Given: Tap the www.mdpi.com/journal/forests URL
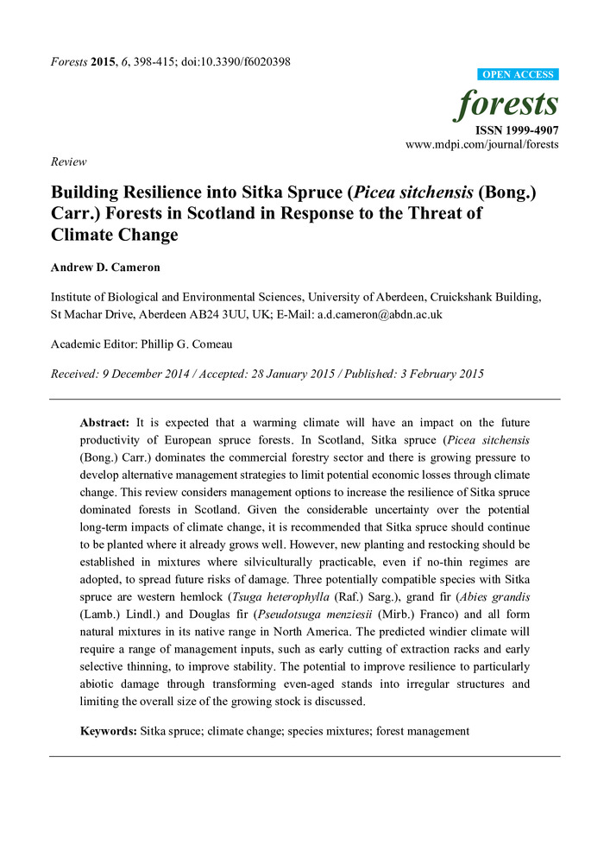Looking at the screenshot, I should [482, 144].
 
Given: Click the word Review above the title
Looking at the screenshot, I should [68, 161].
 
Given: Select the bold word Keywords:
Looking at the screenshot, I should [108, 731].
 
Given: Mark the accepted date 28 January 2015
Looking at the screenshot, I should [308, 374].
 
